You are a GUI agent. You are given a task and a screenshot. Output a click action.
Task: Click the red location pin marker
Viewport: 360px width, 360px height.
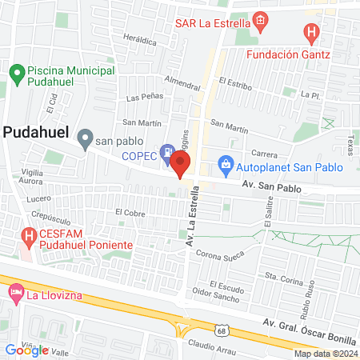[181, 165]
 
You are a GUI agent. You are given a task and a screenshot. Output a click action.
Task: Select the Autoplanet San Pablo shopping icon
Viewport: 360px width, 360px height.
[226, 167]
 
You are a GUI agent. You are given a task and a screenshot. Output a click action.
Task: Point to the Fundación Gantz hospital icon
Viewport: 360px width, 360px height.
[312, 34]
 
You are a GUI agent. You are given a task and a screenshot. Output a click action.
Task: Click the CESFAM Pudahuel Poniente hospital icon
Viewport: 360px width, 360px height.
[29, 237]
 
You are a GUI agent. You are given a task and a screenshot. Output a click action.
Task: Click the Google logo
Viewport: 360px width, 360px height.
[26, 350]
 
